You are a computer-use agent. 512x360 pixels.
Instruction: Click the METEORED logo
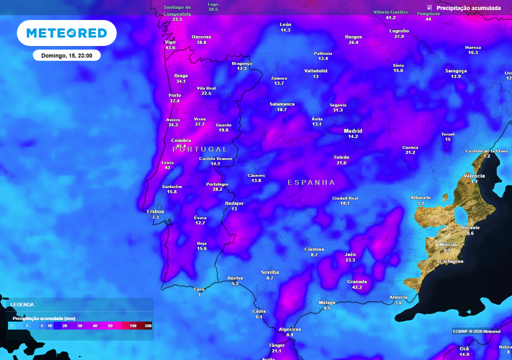(x=66, y=33)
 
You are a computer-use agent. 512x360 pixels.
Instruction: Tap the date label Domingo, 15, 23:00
(x=66, y=55)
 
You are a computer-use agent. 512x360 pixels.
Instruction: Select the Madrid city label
(x=353, y=131)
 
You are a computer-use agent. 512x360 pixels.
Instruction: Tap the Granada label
(x=357, y=281)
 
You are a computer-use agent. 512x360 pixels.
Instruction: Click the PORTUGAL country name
(x=199, y=149)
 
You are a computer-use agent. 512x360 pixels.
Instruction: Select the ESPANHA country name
(x=311, y=182)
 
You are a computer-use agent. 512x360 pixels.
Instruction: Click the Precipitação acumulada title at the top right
(x=468, y=8)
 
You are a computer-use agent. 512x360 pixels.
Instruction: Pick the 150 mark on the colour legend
(x=133, y=325)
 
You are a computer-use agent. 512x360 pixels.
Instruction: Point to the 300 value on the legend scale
(x=148, y=325)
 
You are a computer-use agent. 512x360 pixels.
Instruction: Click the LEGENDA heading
(x=22, y=304)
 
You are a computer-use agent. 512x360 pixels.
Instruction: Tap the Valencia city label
(x=474, y=175)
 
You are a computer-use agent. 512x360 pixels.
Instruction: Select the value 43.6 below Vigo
(x=170, y=48)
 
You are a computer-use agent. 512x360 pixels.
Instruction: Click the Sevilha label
(x=270, y=272)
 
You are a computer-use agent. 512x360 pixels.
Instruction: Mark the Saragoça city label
(x=456, y=70)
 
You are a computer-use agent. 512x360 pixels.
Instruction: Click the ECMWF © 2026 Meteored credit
(x=476, y=331)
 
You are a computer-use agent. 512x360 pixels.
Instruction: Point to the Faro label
(x=199, y=289)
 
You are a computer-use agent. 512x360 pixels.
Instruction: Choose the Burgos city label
(x=353, y=36)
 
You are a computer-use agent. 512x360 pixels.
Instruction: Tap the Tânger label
(x=276, y=345)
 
